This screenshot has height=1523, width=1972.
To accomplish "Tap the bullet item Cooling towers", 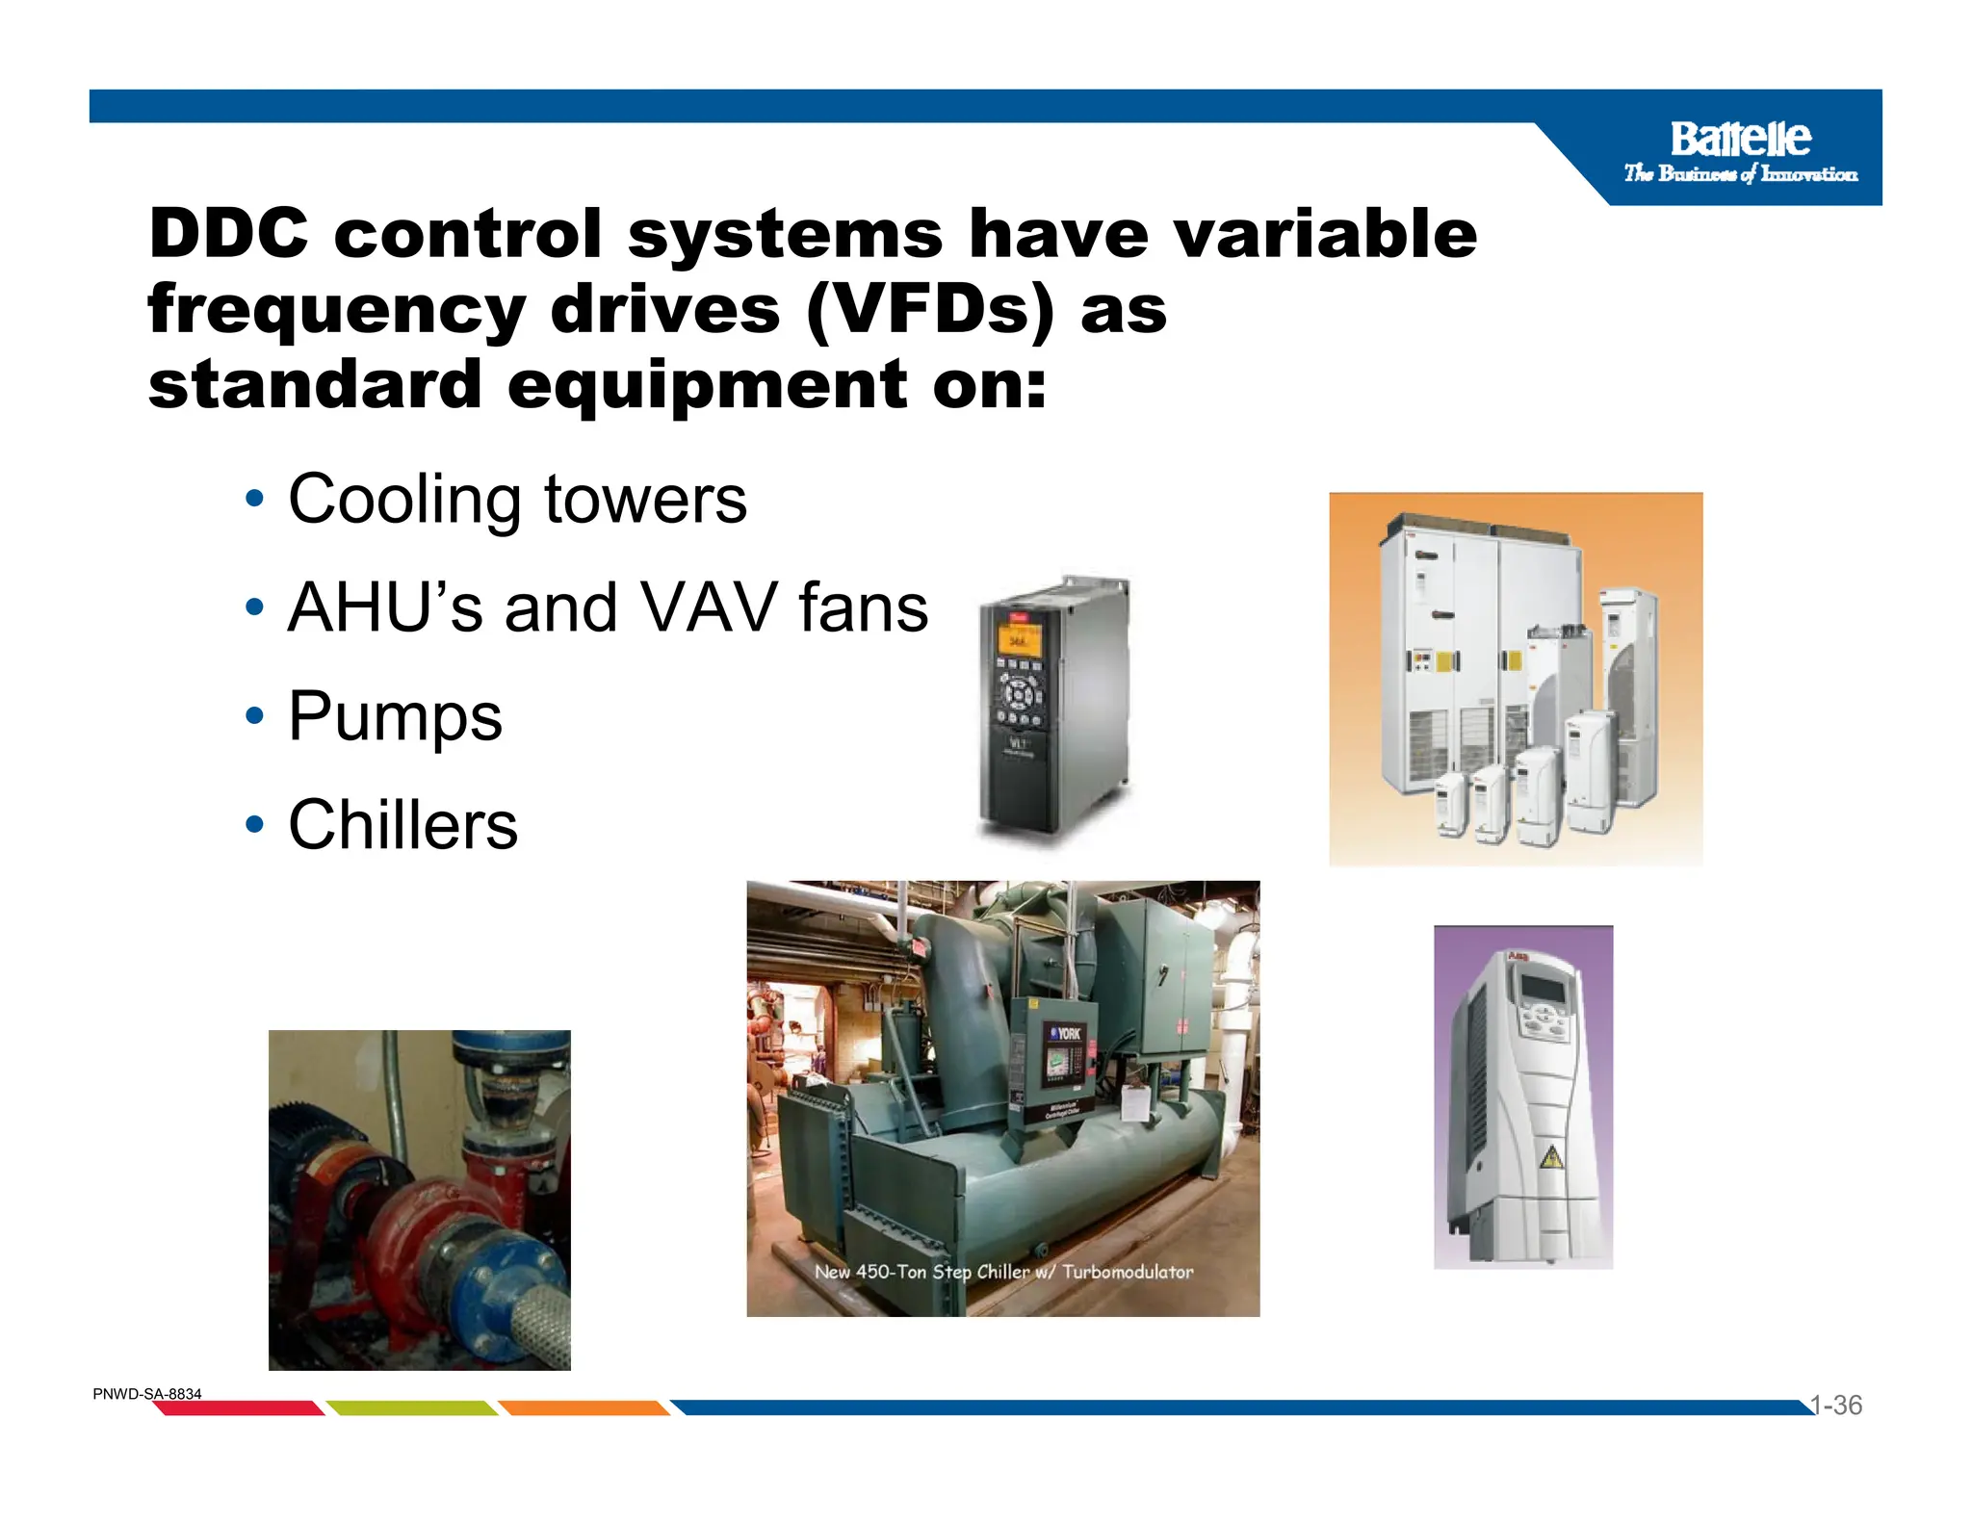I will tap(517, 500).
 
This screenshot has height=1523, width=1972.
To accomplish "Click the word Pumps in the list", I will tap(395, 716).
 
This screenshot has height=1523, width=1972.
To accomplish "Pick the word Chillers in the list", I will tap(402, 825).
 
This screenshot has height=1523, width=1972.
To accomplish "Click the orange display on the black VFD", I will tap(1017, 639).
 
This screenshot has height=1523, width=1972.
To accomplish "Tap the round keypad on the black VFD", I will tap(1019, 691).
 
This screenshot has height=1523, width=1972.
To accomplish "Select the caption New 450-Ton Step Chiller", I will tap(1003, 1272).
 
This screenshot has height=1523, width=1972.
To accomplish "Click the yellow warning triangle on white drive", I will tap(1550, 1157).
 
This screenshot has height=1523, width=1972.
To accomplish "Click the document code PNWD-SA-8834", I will tap(147, 1394).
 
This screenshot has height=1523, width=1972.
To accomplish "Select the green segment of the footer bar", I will tap(412, 1408).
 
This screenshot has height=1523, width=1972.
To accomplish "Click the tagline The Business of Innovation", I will tap(1740, 174).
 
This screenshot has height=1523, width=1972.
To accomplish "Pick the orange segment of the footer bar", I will tap(584, 1408).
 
